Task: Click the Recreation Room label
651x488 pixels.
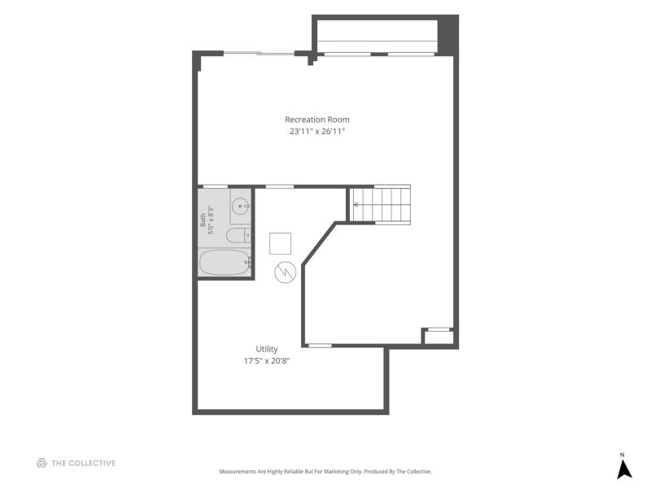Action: pos(317,120)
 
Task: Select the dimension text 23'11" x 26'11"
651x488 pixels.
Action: pos(317,132)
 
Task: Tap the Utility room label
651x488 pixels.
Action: pos(267,349)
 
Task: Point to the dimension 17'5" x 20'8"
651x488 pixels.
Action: pos(267,360)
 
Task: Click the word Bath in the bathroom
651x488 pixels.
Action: pos(203,220)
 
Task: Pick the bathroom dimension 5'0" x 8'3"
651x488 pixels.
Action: pos(211,220)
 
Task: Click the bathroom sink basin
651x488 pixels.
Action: pos(241,207)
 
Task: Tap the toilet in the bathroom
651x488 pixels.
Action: pos(238,236)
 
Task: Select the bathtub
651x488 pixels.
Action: pos(225,262)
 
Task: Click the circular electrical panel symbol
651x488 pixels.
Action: pos(286,272)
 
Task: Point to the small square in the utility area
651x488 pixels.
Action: pos(280,243)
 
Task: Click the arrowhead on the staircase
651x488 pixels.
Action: pos(356,205)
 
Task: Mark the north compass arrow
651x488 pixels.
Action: pos(623,469)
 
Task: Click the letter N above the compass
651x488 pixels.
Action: pos(622,455)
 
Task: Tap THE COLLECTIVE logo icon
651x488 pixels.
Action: pos(42,463)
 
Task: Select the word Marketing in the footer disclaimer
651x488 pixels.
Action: pos(351,472)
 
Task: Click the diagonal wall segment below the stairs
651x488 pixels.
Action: pos(319,243)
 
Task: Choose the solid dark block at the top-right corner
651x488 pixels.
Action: pos(448,35)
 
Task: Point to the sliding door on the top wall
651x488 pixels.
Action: pos(259,53)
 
